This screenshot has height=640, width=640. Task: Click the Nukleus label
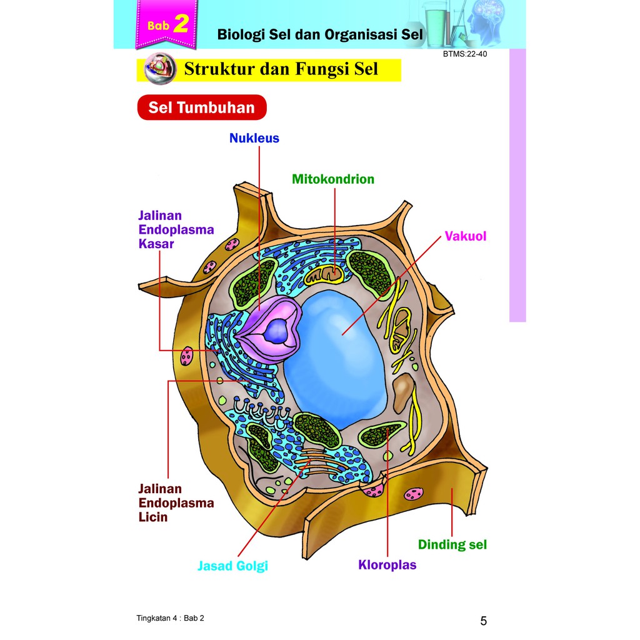pyautogui.click(x=254, y=138)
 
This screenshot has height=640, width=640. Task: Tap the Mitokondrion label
pyautogui.click(x=333, y=179)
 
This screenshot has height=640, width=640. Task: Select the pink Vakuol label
pyautogui.click(x=465, y=236)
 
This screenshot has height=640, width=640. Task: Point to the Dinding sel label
pyautogui.click(x=452, y=544)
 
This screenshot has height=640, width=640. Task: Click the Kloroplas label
pyautogui.click(x=387, y=565)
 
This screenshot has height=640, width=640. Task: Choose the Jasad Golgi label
pyautogui.click(x=232, y=566)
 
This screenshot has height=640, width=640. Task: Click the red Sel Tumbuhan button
pyautogui.click(x=201, y=107)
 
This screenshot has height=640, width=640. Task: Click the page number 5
pyautogui.click(x=483, y=621)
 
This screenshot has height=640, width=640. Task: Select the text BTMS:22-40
pyautogui.click(x=464, y=54)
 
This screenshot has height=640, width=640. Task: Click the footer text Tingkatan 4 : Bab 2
pyautogui.click(x=170, y=618)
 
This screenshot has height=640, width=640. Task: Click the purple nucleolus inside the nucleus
pyautogui.click(x=274, y=329)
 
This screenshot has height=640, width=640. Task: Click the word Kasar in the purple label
pyautogui.click(x=156, y=244)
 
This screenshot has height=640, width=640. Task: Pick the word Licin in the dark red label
pyautogui.click(x=153, y=517)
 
